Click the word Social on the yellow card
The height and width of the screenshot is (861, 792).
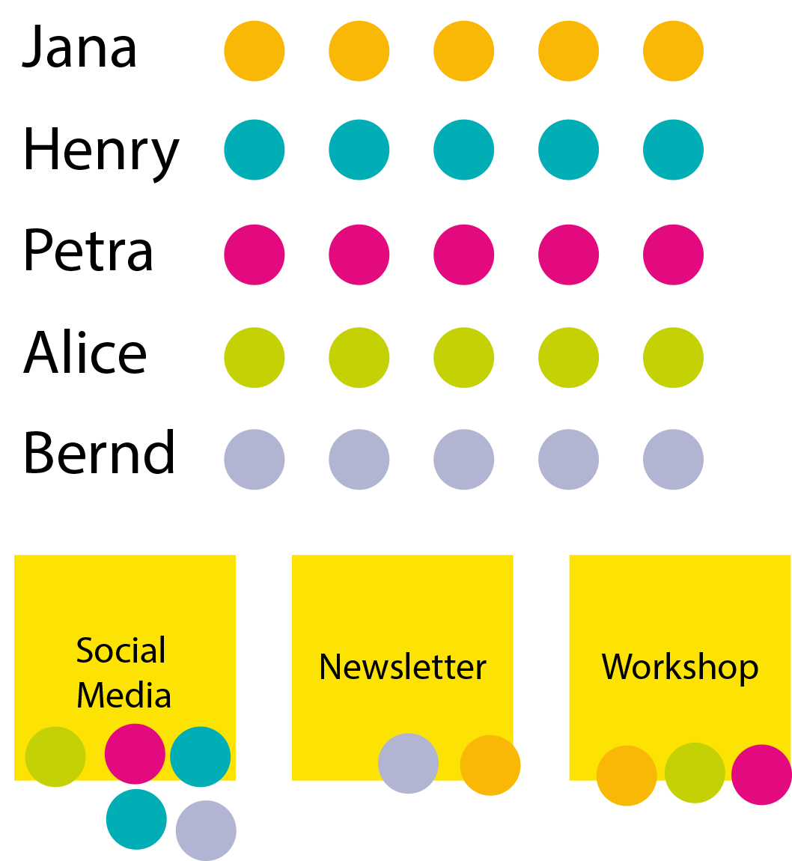coord(121,651)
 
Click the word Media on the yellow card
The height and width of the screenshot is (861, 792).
coord(124,695)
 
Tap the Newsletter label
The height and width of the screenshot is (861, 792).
coord(402,666)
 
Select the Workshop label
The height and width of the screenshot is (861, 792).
coord(680,666)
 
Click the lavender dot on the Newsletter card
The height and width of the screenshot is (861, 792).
coord(408,764)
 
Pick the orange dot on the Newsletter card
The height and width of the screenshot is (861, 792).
coord(490,765)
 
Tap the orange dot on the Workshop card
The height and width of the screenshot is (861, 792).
coord(627,776)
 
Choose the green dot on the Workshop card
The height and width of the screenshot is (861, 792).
coord(695,773)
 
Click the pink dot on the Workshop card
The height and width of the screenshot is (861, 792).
coord(761,775)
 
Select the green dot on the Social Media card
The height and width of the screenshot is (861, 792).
coord(55,757)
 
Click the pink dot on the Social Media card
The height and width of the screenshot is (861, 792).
coord(135,754)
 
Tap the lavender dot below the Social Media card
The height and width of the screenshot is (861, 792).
coord(206,830)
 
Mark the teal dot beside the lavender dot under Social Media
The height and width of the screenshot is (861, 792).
coord(136,819)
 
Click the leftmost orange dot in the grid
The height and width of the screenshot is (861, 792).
coord(255,51)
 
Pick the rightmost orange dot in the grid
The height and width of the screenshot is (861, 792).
coord(673,51)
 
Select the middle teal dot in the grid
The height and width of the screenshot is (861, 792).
coord(464,150)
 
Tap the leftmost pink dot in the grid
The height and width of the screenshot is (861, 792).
coord(255,255)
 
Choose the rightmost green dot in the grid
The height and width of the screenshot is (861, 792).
coord(673,358)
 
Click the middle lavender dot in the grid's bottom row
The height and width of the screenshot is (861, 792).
coord(464,459)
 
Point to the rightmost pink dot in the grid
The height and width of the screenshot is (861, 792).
coord(673,255)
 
